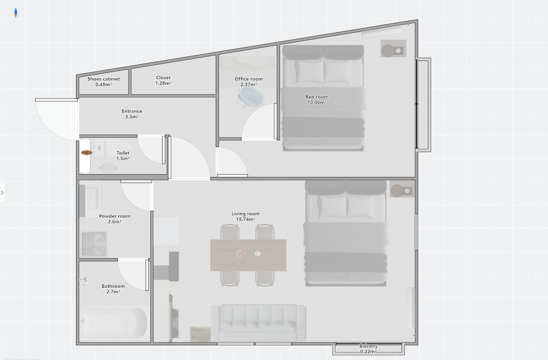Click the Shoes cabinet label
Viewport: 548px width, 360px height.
[x=104, y=79]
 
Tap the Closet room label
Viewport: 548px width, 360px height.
[x=163, y=78]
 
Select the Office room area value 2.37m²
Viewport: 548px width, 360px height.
[x=248, y=84]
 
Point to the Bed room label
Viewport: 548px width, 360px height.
[x=317, y=97]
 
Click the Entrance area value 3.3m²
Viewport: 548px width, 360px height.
[x=132, y=117]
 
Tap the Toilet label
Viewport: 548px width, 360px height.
[x=123, y=153]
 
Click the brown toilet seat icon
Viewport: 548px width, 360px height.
[x=87, y=152]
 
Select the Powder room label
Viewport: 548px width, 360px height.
[x=115, y=216]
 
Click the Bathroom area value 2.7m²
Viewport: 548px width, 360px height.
[x=113, y=292]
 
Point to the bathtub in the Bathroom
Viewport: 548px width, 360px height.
[x=113, y=322]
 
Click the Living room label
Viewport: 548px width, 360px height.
[x=246, y=214]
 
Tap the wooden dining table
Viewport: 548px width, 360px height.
[x=248, y=255]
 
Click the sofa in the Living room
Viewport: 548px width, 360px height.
[x=258, y=322]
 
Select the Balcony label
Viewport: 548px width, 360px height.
[x=368, y=346]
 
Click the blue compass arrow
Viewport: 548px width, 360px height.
[x=16, y=13]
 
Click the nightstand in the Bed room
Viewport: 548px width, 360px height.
[x=393, y=49]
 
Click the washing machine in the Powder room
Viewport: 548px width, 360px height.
[x=94, y=244]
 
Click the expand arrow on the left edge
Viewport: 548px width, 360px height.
[x=2, y=192]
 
